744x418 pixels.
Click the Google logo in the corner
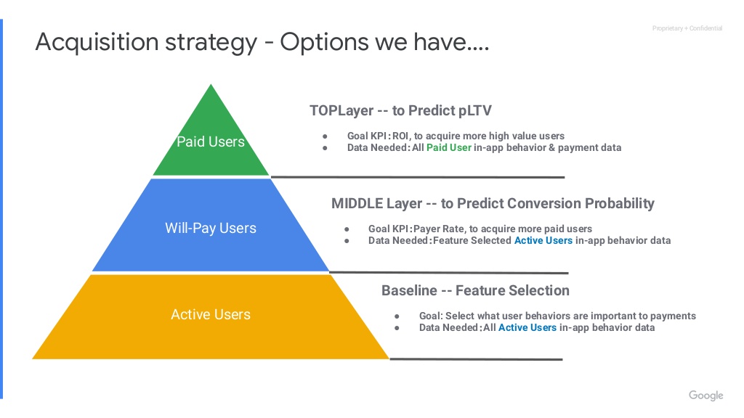(x=706, y=396)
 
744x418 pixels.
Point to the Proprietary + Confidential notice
(x=687, y=28)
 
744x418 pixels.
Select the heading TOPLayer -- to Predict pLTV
(x=400, y=110)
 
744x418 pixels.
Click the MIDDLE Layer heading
(x=493, y=203)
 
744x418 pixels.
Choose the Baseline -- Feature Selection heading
(x=475, y=290)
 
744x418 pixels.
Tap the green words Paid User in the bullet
(x=449, y=147)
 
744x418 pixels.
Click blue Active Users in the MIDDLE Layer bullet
(x=543, y=240)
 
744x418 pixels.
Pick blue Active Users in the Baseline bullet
(x=527, y=327)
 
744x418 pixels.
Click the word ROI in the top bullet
(x=400, y=136)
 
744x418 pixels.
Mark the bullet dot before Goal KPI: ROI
(x=325, y=136)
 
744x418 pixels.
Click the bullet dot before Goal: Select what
(x=397, y=316)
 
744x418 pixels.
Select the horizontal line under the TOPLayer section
(x=418, y=177)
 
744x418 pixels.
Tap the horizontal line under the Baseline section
(x=476, y=359)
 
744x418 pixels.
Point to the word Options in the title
(x=325, y=42)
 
